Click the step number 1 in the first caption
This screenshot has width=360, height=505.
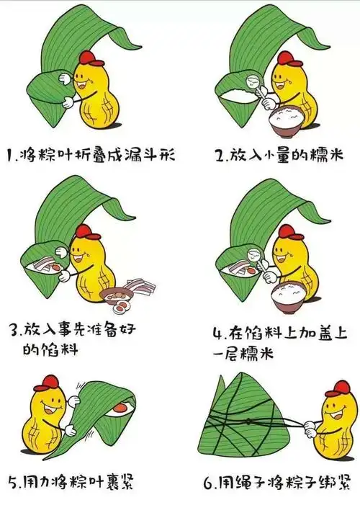(x=9, y=155)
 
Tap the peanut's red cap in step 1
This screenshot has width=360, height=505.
(x=87, y=58)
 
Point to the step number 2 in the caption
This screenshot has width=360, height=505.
(x=219, y=155)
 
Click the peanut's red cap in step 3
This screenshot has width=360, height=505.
(x=86, y=232)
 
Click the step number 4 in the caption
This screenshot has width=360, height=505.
(x=219, y=334)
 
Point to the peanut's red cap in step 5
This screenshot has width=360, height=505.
(x=48, y=383)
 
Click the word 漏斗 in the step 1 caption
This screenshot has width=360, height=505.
(x=140, y=154)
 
